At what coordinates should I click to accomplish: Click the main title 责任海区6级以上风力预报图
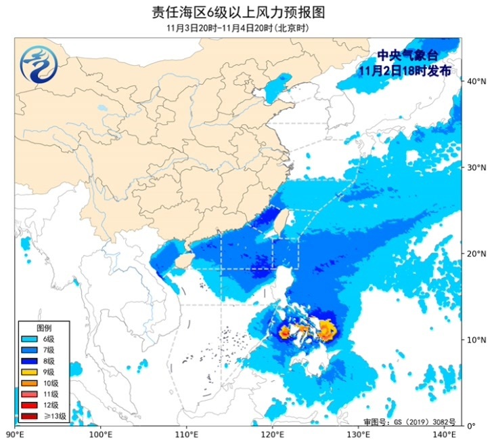click(x=246, y=12)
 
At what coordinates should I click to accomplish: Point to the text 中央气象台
click(x=404, y=56)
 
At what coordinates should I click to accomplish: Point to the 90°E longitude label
click(x=15, y=434)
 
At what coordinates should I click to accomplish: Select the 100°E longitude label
click(x=100, y=434)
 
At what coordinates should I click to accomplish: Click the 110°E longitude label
click(x=186, y=434)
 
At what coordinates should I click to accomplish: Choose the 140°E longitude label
click(x=443, y=434)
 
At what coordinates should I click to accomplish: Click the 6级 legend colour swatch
click(x=29, y=339)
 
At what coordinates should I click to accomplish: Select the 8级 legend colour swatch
click(x=29, y=361)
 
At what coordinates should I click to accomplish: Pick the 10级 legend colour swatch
click(x=29, y=383)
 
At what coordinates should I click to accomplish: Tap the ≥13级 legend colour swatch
click(x=29, y=416)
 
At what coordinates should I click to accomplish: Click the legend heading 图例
click(x=43, y=327)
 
